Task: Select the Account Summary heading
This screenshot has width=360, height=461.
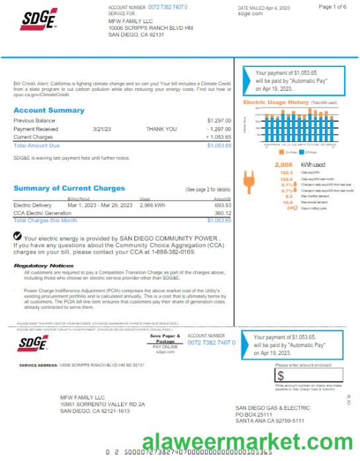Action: tap(49, 110)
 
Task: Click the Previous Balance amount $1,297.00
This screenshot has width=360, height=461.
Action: tap(218, 120)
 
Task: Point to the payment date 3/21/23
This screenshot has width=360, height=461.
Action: tap(103, 129)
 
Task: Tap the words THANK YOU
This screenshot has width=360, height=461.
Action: tap(161, 129)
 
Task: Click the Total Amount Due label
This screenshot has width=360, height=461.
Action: tap(36, 145)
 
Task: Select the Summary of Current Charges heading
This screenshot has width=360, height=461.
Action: tap(69, 188)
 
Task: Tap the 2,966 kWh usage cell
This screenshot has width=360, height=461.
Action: tap(152, 205)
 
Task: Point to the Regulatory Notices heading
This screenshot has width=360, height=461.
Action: tap(44, 266)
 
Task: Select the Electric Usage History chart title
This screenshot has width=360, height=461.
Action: tap(276, 103)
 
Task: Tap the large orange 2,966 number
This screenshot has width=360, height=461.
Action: tap(283, 164)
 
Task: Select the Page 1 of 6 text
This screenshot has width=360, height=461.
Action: tap(332, 7)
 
